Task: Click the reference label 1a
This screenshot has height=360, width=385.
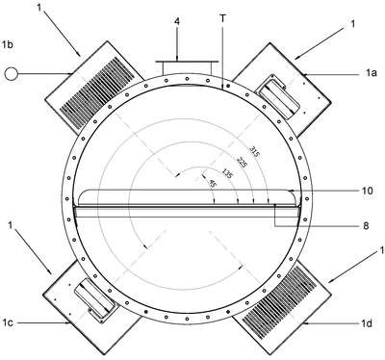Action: (x=372, y=73)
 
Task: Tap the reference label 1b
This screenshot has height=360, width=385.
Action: (x=8, y=44)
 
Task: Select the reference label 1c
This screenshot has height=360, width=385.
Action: (x=8, y=322)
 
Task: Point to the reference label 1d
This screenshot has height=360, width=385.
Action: (x=366, y=323)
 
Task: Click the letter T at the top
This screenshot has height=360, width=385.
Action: (x=223, y=19)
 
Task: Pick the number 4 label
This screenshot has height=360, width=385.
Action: (x=177, y=21)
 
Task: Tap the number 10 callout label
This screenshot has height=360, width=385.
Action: (x=368, y=191)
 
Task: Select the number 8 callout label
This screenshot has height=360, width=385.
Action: (x=366, y=226)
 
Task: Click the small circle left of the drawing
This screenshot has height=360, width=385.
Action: (x=12, y=74)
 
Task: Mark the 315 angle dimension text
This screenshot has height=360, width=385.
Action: (x=255, y=152)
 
